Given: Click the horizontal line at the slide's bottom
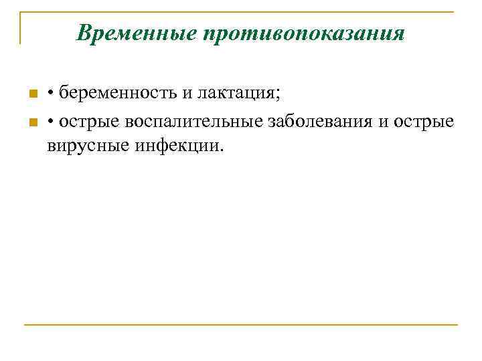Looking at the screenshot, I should [x=241, y=325].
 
